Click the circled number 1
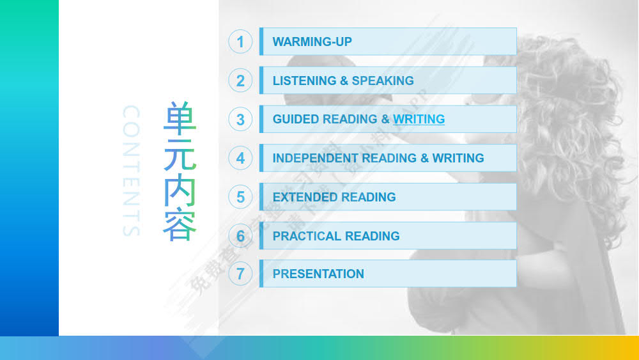[240, 42]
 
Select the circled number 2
[240, 81]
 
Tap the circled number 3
[240, 120]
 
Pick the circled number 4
[240, 158]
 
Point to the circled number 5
[240, 197]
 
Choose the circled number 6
[240, 236]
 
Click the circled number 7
[240, 274]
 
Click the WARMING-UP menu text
[312, 42]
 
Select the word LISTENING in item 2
[304, 81]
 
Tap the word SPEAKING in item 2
[383, 81]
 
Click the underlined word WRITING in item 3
[419, 119]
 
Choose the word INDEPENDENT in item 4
[315, 158]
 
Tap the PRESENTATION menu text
[318, 274]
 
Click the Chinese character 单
[180, 118]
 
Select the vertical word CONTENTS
[130, 171]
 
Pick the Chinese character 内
[180, 189]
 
